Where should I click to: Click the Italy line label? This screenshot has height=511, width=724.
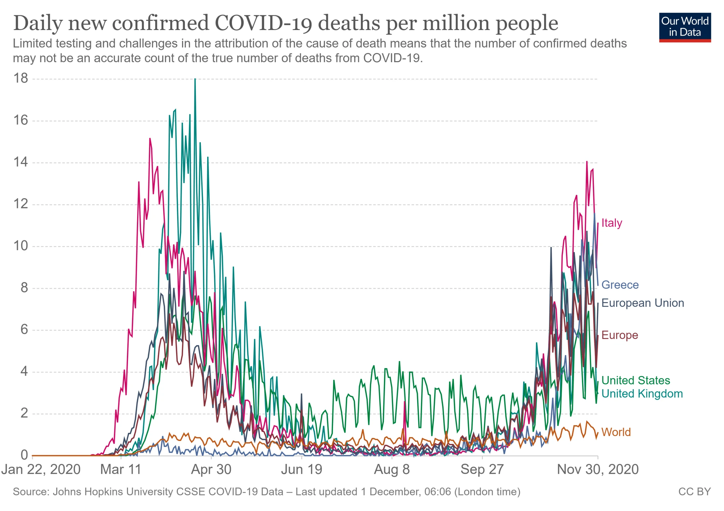[612, 223]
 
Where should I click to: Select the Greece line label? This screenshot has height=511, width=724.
[620, 285]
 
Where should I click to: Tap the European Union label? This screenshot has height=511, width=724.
[642, 303]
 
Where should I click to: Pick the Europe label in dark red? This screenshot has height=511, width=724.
[619, 335]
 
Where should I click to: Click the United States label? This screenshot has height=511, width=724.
[635, 380]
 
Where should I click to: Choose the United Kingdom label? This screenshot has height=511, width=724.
[642, 394]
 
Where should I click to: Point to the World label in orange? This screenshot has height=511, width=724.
[616, 432]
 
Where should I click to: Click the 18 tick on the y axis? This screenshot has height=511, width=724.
[21, 78]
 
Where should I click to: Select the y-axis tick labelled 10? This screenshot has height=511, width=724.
[21, 246]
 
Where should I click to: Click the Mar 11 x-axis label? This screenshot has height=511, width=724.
[121, 470]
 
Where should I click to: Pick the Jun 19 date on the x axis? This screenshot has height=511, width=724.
[302, 470]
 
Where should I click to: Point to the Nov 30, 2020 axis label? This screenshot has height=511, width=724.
[598, 470]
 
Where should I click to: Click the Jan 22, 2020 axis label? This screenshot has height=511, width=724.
[41, 470]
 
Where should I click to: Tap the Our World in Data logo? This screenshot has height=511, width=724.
[685, 27]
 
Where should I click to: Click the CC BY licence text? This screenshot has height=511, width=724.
[694, 492]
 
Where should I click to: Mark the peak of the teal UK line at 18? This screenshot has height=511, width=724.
[195, 79]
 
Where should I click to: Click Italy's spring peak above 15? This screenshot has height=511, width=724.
[150, 139]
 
